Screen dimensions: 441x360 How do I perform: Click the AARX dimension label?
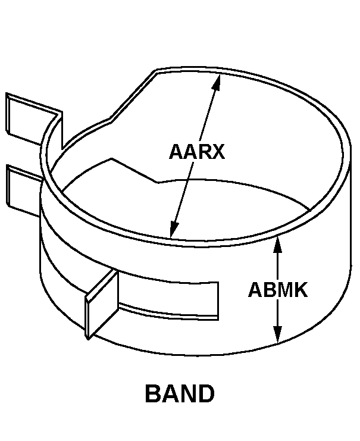coord(197,152)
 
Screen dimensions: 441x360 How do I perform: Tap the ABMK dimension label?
coord(278,290)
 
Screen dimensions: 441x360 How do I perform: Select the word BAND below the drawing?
coord(180,394)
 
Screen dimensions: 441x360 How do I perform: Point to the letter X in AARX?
coord(218,152)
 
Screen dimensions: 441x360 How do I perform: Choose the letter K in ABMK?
coord(300,290)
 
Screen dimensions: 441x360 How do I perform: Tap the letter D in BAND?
coord(206,394)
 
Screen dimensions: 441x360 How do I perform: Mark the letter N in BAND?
coord(189,394)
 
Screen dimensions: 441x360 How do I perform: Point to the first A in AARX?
coord(176,152)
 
